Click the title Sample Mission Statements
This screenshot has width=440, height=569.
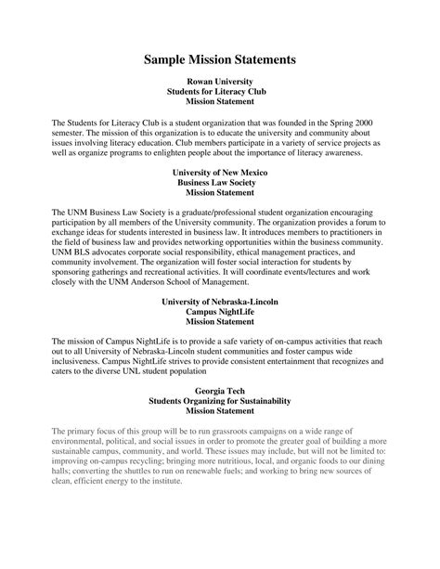coord(220,58)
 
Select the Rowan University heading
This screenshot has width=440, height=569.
coord(219,82)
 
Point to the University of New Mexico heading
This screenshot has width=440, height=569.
coord(219,173)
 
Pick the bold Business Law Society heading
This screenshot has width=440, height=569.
coord(219,183)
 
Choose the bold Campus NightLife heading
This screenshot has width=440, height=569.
coord(219,314)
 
